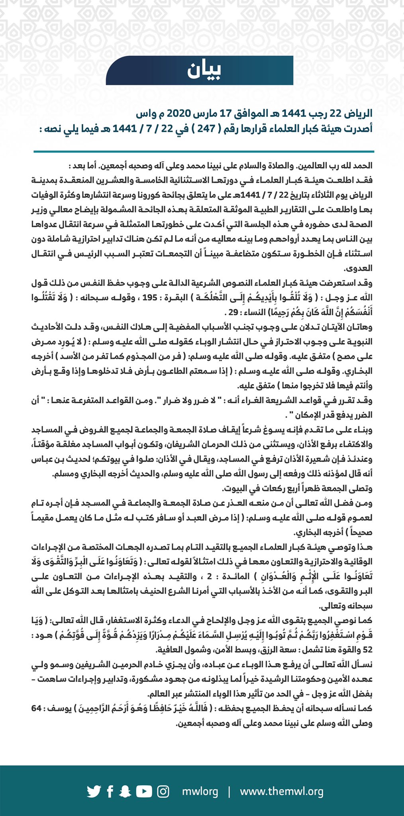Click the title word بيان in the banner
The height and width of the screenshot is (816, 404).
(204, 71)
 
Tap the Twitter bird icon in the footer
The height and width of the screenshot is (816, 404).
(94, 791)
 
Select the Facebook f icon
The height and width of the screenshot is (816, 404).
(110, 791)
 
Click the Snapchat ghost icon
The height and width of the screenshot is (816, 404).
(126, 791)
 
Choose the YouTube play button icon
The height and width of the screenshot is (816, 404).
(144, 791)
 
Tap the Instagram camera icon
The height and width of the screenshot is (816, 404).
(163, 791)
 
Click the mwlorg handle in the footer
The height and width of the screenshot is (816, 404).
(200, 791)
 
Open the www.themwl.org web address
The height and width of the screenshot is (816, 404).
(281, 791)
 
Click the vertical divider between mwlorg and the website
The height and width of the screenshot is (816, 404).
(229, 791)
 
